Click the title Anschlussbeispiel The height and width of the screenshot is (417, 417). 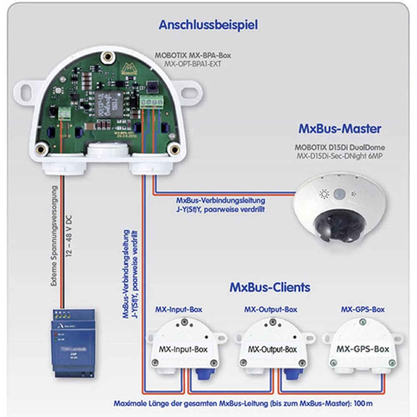[208, 25]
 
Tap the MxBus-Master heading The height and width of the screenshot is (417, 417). [340, 128]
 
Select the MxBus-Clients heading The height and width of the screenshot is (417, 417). [270, 287]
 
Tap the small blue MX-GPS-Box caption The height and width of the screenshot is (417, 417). [363, 309]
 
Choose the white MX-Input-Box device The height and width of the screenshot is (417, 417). [184, 346]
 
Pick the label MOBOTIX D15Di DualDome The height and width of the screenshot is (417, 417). [340, 147]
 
